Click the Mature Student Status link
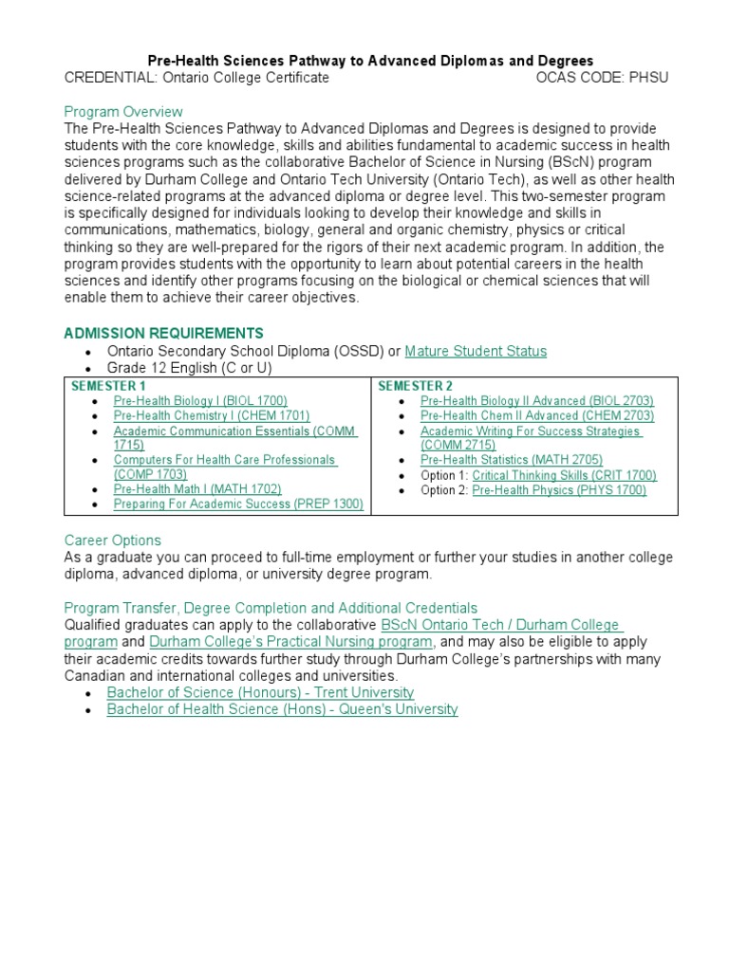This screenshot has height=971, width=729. coord(476,351)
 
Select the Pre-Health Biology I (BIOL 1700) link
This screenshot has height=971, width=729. coord(200,401)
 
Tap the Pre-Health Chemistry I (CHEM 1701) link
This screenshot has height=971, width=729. coord(211,416)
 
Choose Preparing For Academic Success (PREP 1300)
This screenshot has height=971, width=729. coord(238,504)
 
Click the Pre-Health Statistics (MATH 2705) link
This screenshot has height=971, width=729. coord(511,460)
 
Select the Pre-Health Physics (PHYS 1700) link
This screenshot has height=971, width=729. coord(559,490)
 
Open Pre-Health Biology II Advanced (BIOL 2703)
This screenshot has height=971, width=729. coord(536,401)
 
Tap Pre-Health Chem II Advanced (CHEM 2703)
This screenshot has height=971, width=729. coord(536,416)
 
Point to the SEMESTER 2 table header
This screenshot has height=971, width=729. coord(415,386)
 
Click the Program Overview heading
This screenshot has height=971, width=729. coord(123,112)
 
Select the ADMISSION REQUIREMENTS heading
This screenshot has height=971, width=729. coord(163,333)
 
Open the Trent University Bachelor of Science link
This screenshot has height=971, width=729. coord(260,693)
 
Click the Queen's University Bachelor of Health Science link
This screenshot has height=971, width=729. coord(282,709)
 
